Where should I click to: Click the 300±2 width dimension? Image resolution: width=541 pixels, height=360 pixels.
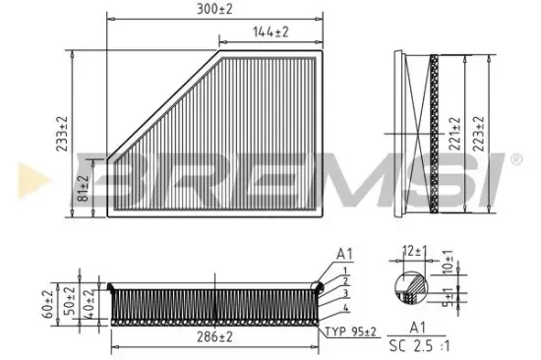pyautogui.click(x=215, y=10)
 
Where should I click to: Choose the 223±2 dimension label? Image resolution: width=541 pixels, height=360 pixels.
pyautogui.click(x=479, y=131)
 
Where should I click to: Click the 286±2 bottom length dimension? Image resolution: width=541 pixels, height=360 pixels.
pyautogui.click(x=213, y=338)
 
